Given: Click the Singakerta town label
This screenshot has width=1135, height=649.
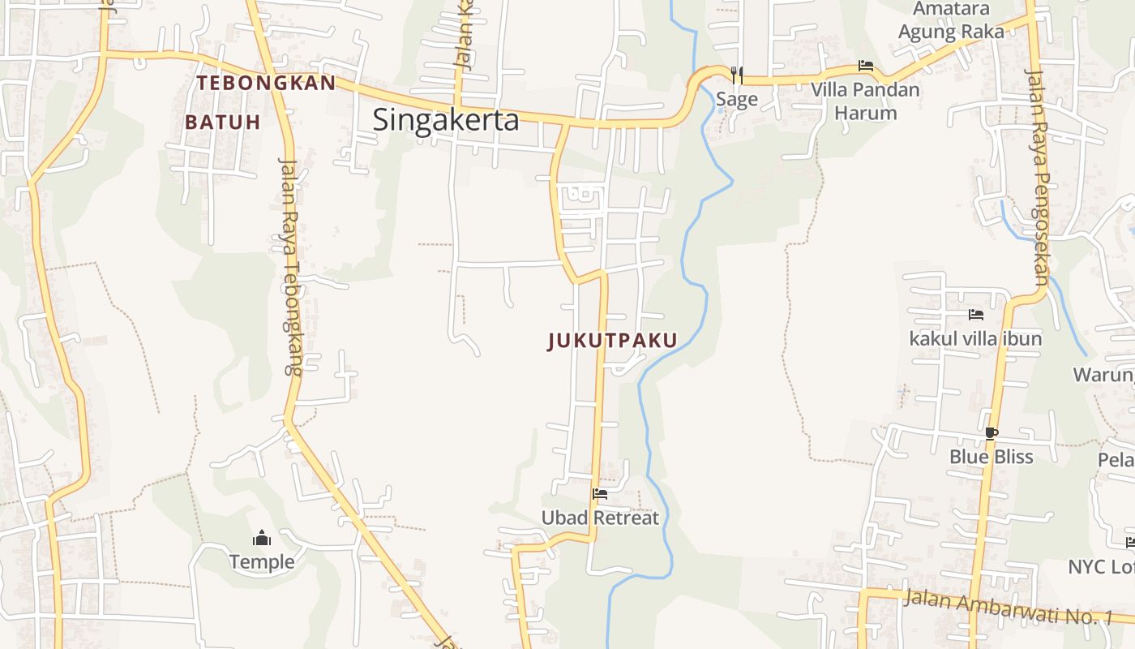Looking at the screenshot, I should [x=445, y=120].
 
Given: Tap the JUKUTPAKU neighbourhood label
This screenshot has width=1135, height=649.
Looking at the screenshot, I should [x=612, y=341].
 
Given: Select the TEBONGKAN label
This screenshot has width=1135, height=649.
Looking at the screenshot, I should [x=266, y=83].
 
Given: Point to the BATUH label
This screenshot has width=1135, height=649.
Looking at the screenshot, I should [x=222, y=122].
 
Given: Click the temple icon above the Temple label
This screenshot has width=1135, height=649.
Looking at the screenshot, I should [x=261, y=538].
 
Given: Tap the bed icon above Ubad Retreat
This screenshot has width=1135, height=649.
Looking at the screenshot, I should [x=600, y=493].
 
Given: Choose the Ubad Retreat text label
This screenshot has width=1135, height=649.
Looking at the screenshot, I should [x=600, y=518].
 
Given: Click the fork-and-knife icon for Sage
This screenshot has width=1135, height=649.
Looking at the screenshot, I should [x=736, y=75].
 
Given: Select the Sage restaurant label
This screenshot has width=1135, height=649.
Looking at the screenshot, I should [x=736, y=100].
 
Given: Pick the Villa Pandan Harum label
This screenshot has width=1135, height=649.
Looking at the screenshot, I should [x=866, y=101].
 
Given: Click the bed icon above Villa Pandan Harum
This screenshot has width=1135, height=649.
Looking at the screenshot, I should [x=866, y=66].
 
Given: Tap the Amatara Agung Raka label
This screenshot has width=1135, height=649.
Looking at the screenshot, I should [x=951, y=20].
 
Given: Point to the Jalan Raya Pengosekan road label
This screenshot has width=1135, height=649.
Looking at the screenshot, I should [x=1039, y=174].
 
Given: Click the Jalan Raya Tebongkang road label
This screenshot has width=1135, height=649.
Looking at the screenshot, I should [x=290, y=264].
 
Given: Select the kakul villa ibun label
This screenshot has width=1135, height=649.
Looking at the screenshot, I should [x=975, y=338].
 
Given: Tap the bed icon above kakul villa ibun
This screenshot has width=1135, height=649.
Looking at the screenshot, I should [x=975, y=314].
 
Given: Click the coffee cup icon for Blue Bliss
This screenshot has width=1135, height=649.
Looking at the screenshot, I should [x=991, y=433].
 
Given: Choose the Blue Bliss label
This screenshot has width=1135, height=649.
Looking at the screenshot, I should [x=991, y=457].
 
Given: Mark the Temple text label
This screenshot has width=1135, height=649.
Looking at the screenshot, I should [x=261, y=561].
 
